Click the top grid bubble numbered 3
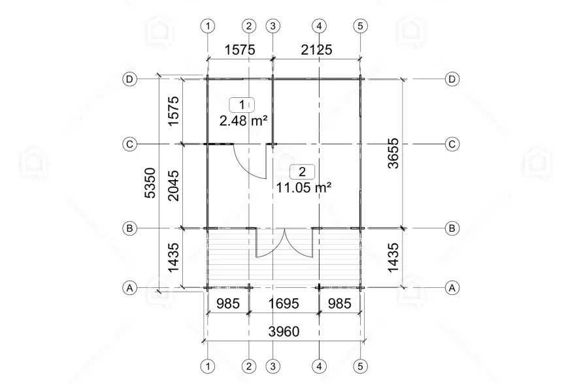273,26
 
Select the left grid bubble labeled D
130,79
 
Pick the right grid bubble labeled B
452,228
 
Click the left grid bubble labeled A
130,287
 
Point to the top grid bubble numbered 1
208,26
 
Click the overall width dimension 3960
284,331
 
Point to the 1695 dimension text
284,303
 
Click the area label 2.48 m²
244,119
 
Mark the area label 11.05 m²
303,187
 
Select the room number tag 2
302,172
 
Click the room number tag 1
242,104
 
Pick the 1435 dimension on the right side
393,258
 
